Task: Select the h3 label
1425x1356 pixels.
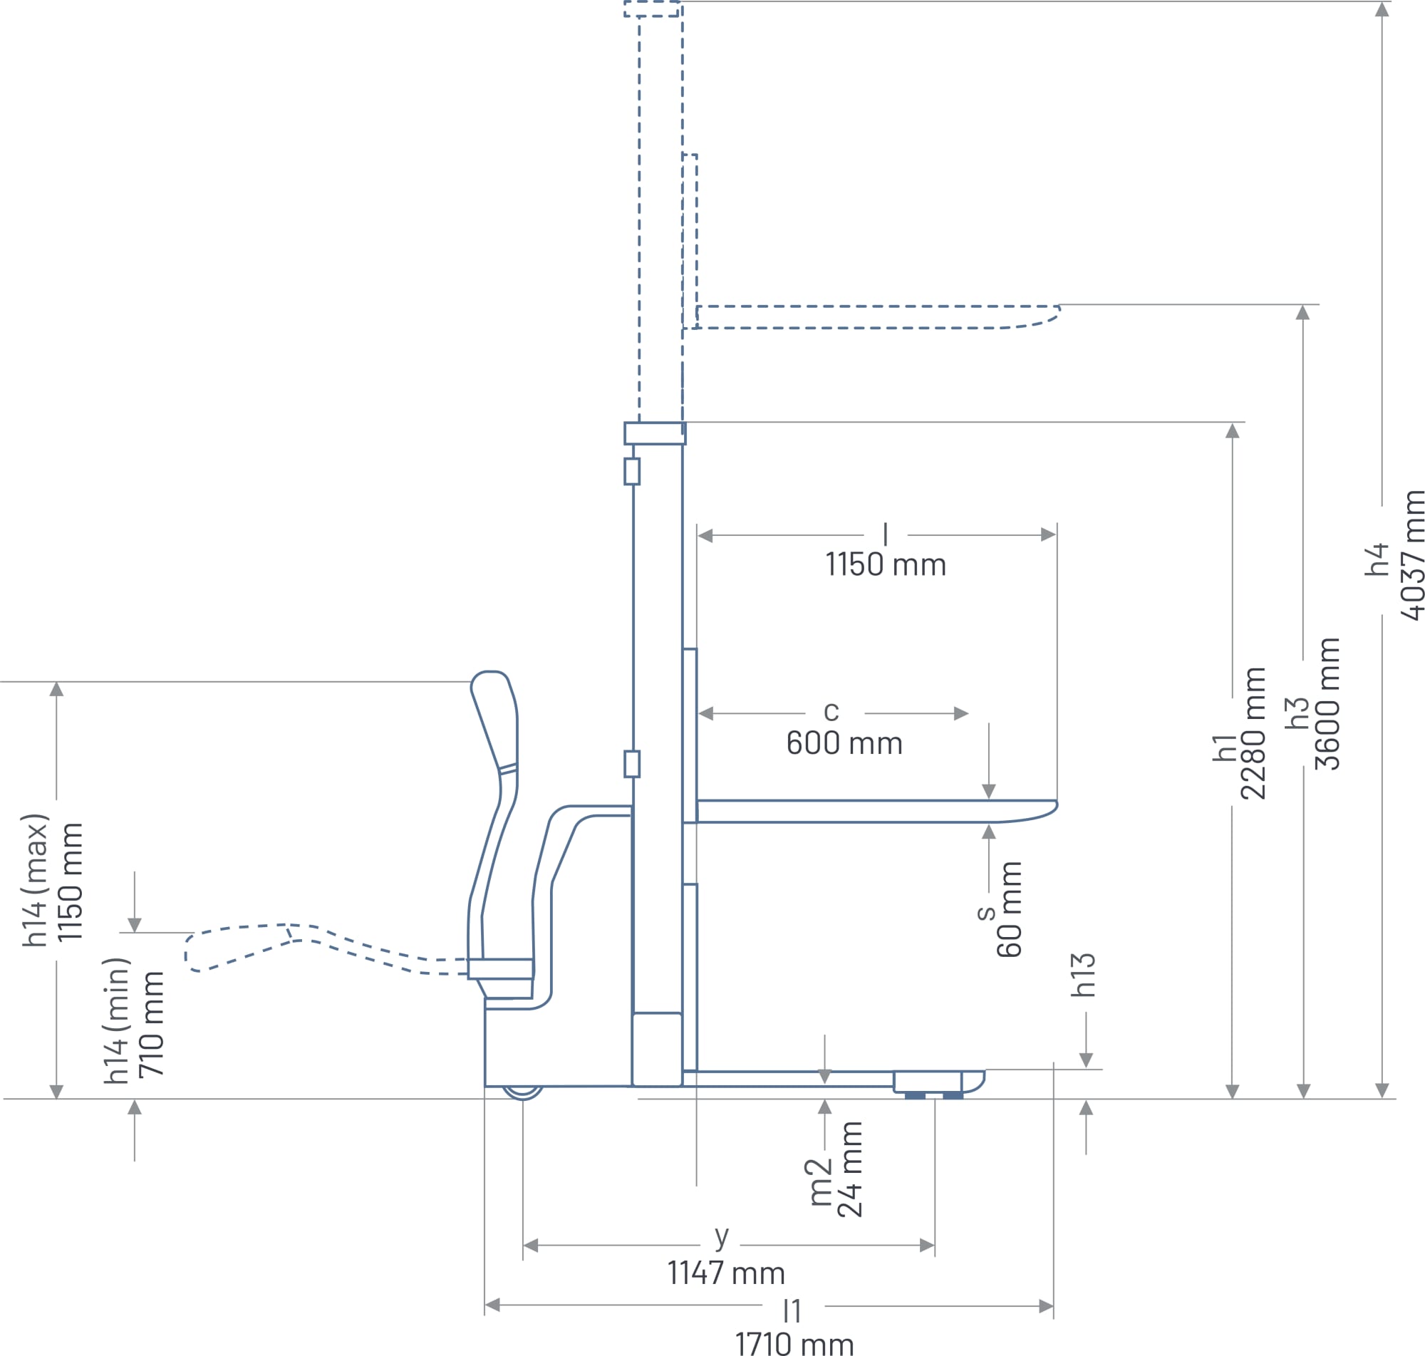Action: (1297, 713)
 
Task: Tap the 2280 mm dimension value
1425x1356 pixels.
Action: (1253, 734)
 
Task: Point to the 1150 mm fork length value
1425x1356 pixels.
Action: (886, 564)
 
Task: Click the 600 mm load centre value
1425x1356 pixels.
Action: (845, 743)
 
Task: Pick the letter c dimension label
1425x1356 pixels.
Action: (831, 711)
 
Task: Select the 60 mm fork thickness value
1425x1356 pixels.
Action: (1009, 909)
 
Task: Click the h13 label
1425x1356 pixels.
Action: (1083, 975)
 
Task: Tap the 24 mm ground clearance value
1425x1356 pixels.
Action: (850, 1169)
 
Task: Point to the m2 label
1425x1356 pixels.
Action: (817, 1183)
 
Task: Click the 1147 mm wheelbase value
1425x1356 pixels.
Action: (726, 1273)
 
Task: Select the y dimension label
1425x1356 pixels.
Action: (722, 1237)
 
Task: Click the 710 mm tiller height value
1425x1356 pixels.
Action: (152, 1024)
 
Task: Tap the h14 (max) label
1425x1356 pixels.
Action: (36, 881)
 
